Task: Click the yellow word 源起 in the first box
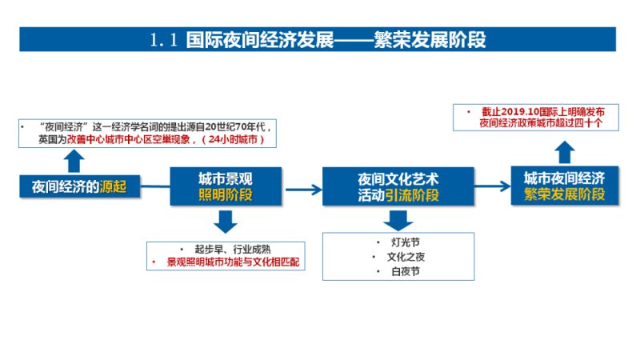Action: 114,187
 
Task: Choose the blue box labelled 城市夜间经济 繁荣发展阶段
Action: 564,186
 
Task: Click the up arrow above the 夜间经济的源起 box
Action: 74,160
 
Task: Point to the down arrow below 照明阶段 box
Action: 226,221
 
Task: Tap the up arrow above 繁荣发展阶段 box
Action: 564,150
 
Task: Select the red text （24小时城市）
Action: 242,140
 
